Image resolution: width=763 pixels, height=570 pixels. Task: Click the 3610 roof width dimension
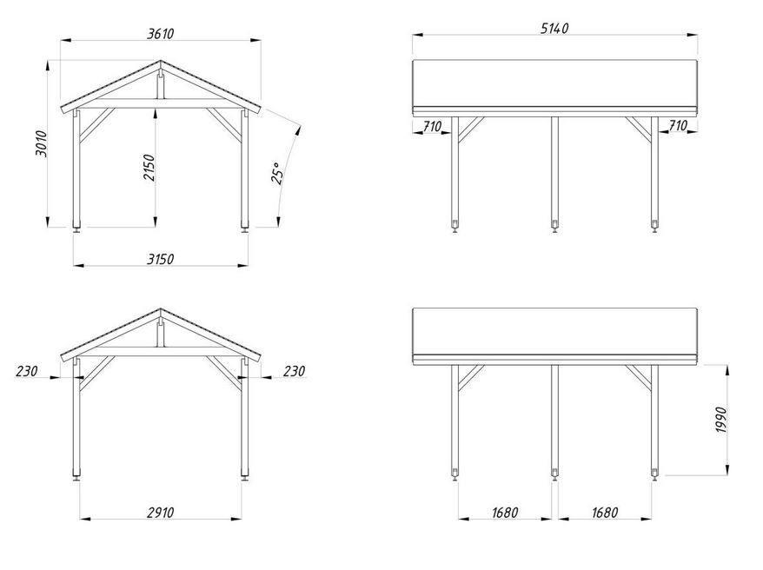click(x=160, y=34)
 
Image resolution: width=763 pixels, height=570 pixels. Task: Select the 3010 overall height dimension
click(x=42, y=143)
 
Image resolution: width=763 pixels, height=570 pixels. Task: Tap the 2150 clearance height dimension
click(x=149, y=168)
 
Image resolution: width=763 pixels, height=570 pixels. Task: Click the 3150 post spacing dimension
click(x=160, y=259)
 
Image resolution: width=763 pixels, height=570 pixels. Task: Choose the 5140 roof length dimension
click(x=554, y=28)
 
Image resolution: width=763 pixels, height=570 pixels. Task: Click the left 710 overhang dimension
click(x=432, y=127)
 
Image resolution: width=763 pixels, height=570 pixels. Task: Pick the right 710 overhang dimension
click(x=677, y=125)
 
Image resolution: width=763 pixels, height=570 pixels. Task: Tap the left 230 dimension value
click(x=26, y=371)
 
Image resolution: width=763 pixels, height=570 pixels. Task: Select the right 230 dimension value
click(x=294, y=371)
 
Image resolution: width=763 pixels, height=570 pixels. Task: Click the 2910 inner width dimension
click(x=160, y=512)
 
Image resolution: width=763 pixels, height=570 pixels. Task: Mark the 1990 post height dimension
click(x=721, y=420)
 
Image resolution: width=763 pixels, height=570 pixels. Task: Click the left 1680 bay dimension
click(x=505, y=512)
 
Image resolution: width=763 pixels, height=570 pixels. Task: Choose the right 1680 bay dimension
click(x=605, y=512)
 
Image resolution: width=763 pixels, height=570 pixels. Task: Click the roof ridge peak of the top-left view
click(x=161, y=61)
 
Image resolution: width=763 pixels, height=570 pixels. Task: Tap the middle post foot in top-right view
click(x=554, y=226)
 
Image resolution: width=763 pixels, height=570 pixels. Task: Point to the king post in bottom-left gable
click(x=161, y=332)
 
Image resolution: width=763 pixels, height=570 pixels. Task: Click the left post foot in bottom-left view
click(x=76, y=474)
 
